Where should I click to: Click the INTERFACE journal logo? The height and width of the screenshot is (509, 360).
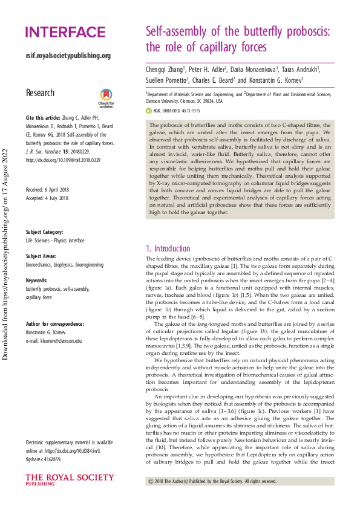click(65, 32)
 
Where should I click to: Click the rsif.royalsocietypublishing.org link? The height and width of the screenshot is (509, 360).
click(68, 56)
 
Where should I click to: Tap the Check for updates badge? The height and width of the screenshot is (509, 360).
click(106, 97)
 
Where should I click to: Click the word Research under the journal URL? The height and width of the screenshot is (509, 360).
click(40, 93)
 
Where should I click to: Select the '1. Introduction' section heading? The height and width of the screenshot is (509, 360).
click(168, 248)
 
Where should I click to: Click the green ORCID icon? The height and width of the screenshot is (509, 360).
click(149, 111)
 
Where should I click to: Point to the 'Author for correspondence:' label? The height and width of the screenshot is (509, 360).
click(55, 324)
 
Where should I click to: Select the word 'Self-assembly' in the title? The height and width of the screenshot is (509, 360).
click(180, 32)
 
